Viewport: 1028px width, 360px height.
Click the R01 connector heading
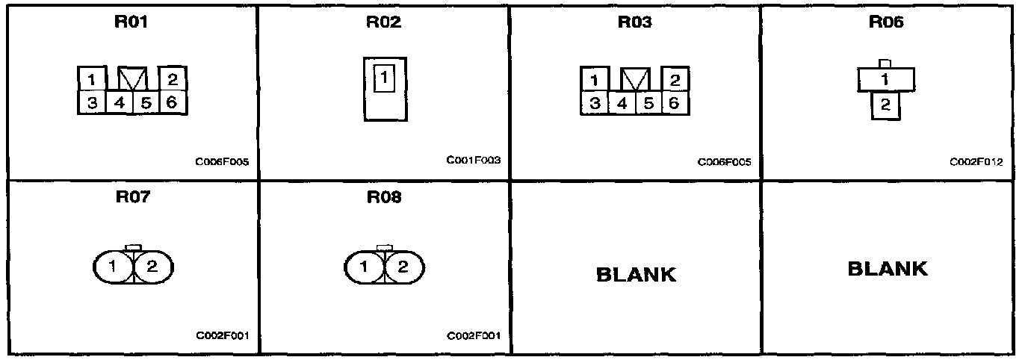(x=131, y=22)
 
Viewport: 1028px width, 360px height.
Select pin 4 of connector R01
(x=119, y=102)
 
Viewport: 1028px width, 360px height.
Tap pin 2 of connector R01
(x=171, y=78)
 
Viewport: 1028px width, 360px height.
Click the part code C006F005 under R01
(x=222, y=161)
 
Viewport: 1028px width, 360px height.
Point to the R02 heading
(x=383, y=22)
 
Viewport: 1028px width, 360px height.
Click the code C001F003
(x=474, y=161)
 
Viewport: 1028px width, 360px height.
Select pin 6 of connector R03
(x=673, y=102)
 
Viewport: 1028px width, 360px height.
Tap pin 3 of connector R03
(x=594, y=102)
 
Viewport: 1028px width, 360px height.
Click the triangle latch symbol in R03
(x=634, y=78)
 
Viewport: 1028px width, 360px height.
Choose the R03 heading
(x=634, y=22)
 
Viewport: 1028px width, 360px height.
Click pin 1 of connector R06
(x=885, y=78)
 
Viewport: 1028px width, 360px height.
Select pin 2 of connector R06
(x=885, y=105)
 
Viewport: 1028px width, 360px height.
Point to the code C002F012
(x=976, y=161)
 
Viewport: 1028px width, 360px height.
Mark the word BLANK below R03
(x=636, y=274)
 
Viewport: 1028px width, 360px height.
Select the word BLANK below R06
(x=888, y=268)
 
